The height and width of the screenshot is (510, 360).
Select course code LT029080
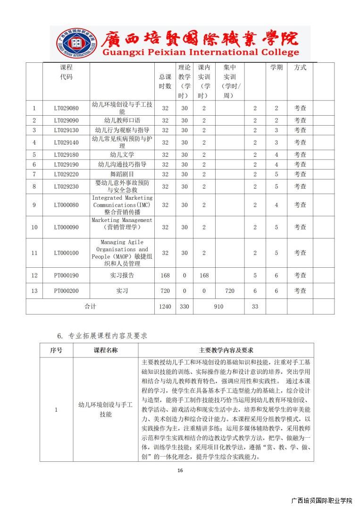tap(67, 108)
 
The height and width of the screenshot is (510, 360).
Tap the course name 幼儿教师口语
tap(122, 120)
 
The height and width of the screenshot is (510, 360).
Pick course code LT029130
tap(67, 130)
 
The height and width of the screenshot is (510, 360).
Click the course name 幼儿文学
tap(122, 154)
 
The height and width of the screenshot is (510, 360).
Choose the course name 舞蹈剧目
tap(122, 174)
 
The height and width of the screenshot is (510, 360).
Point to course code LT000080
tap(67, 205)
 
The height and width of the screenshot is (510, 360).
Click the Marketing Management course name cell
tap(122, 224)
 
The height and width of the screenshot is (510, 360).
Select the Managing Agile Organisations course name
tap(122, 253)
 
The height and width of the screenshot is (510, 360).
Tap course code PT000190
tap(67, 275)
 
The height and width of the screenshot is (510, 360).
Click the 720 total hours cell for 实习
tap(165, 291)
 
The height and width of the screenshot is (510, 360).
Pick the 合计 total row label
tap(90, 306)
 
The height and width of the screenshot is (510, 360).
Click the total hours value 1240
tap(165, 306)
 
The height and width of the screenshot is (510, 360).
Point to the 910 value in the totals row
tap(218, 306)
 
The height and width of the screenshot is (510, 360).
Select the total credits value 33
tap(255, 306)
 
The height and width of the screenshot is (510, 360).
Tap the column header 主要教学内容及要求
tap(226, 350)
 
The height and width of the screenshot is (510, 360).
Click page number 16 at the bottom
tap(180, 470)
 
